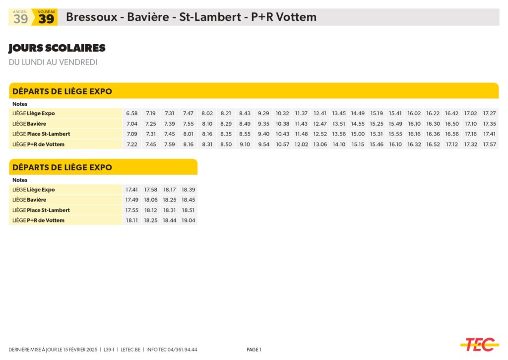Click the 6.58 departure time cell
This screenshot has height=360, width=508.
(x=131, y=113)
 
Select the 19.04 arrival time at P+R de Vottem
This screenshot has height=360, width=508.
(x=189, y=220)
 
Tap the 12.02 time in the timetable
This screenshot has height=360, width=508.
(x=301, y=144)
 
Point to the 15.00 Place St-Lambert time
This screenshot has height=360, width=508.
(x=358, y=134)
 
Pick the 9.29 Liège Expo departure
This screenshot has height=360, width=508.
(x=263, y=113)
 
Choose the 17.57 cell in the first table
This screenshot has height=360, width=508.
(x=490, y=144)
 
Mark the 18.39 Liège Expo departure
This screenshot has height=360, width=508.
(x=189, y=190)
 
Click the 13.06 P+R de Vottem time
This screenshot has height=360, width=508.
(x=320, y=144)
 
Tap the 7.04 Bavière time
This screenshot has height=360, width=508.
(x=131, y=124)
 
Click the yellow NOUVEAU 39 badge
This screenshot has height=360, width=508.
(x=46, y=17)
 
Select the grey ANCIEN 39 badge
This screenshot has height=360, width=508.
(x=20, y=17)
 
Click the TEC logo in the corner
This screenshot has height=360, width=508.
(x=479, y=344)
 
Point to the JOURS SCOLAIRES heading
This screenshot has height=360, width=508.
(x=57, y=48)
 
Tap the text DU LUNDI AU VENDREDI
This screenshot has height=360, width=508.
(x=53, y=62)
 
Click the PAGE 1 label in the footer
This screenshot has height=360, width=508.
(x=254, y=350)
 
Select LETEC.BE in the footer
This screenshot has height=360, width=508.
(x=130, y=350)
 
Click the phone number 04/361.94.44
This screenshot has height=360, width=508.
(x=182, y=350)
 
